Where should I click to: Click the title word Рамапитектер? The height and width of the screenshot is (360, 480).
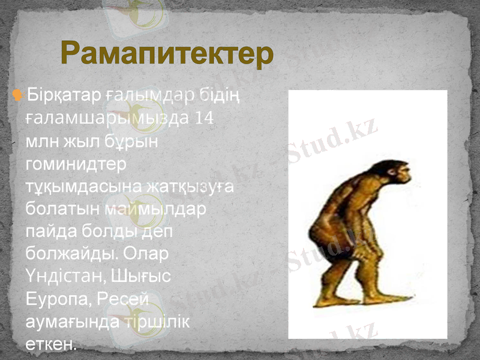pyautogui.click(x=167, y=53)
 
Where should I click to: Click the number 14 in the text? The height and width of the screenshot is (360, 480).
pyautogui.click(x=204, y=118)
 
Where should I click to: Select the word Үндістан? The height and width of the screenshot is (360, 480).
pyautogui.click(x=66, y=277)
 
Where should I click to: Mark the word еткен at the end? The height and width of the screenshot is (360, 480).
pyautogui.click(x=51, y=344)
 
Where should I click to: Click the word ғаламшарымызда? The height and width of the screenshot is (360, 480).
pyautogui.click(x=107, y=118)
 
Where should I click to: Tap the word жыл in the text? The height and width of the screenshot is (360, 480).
pyautogui.click(x=74, y=140)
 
